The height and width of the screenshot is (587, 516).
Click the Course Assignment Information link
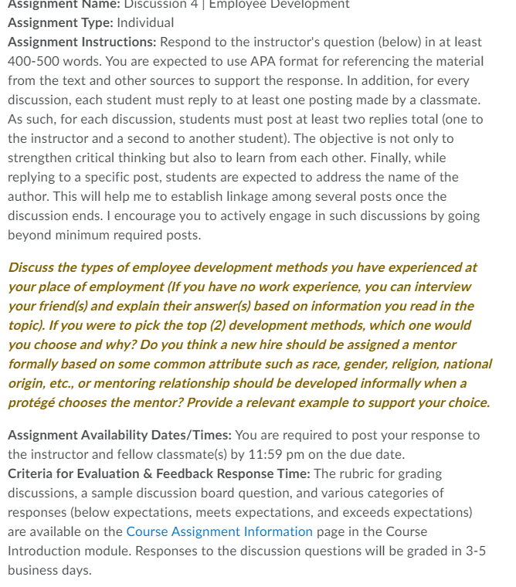point(219,531)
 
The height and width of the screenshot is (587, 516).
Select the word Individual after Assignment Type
point(145,22)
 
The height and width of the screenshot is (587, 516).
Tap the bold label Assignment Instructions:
point(80,42)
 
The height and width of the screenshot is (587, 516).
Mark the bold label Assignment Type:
point(60,22)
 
